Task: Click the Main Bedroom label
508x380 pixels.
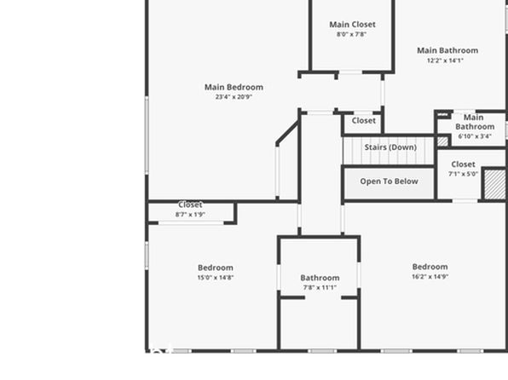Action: point(234,87)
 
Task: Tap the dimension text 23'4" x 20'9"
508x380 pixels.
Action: point(234,96)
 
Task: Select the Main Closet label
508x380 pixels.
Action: point(353,25)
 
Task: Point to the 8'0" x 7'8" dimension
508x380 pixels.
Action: point(351,34)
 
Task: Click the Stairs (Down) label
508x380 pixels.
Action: point(390,147)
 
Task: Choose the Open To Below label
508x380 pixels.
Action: point(390,181)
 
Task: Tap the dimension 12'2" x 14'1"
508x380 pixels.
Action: point(445,60)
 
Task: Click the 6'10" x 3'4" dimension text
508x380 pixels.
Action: point(475,136)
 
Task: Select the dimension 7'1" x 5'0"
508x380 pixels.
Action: point(464,174)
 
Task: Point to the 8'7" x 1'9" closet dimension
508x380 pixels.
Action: point(190,214)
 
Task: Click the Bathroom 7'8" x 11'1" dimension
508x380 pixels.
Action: point(320,287)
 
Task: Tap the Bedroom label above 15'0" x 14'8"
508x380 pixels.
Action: point(216,268)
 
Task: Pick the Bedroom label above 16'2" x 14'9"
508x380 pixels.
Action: point(430,267)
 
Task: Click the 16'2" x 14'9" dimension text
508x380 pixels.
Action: point(430,276)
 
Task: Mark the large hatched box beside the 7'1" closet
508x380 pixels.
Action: point(494,184)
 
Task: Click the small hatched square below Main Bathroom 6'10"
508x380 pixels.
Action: point(442,141)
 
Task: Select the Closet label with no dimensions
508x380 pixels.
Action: point(363,120)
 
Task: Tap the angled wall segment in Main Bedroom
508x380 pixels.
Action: point(287,133)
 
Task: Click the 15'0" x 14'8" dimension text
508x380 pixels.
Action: point(216,277)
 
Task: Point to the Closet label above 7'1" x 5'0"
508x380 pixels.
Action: point(464,164)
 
